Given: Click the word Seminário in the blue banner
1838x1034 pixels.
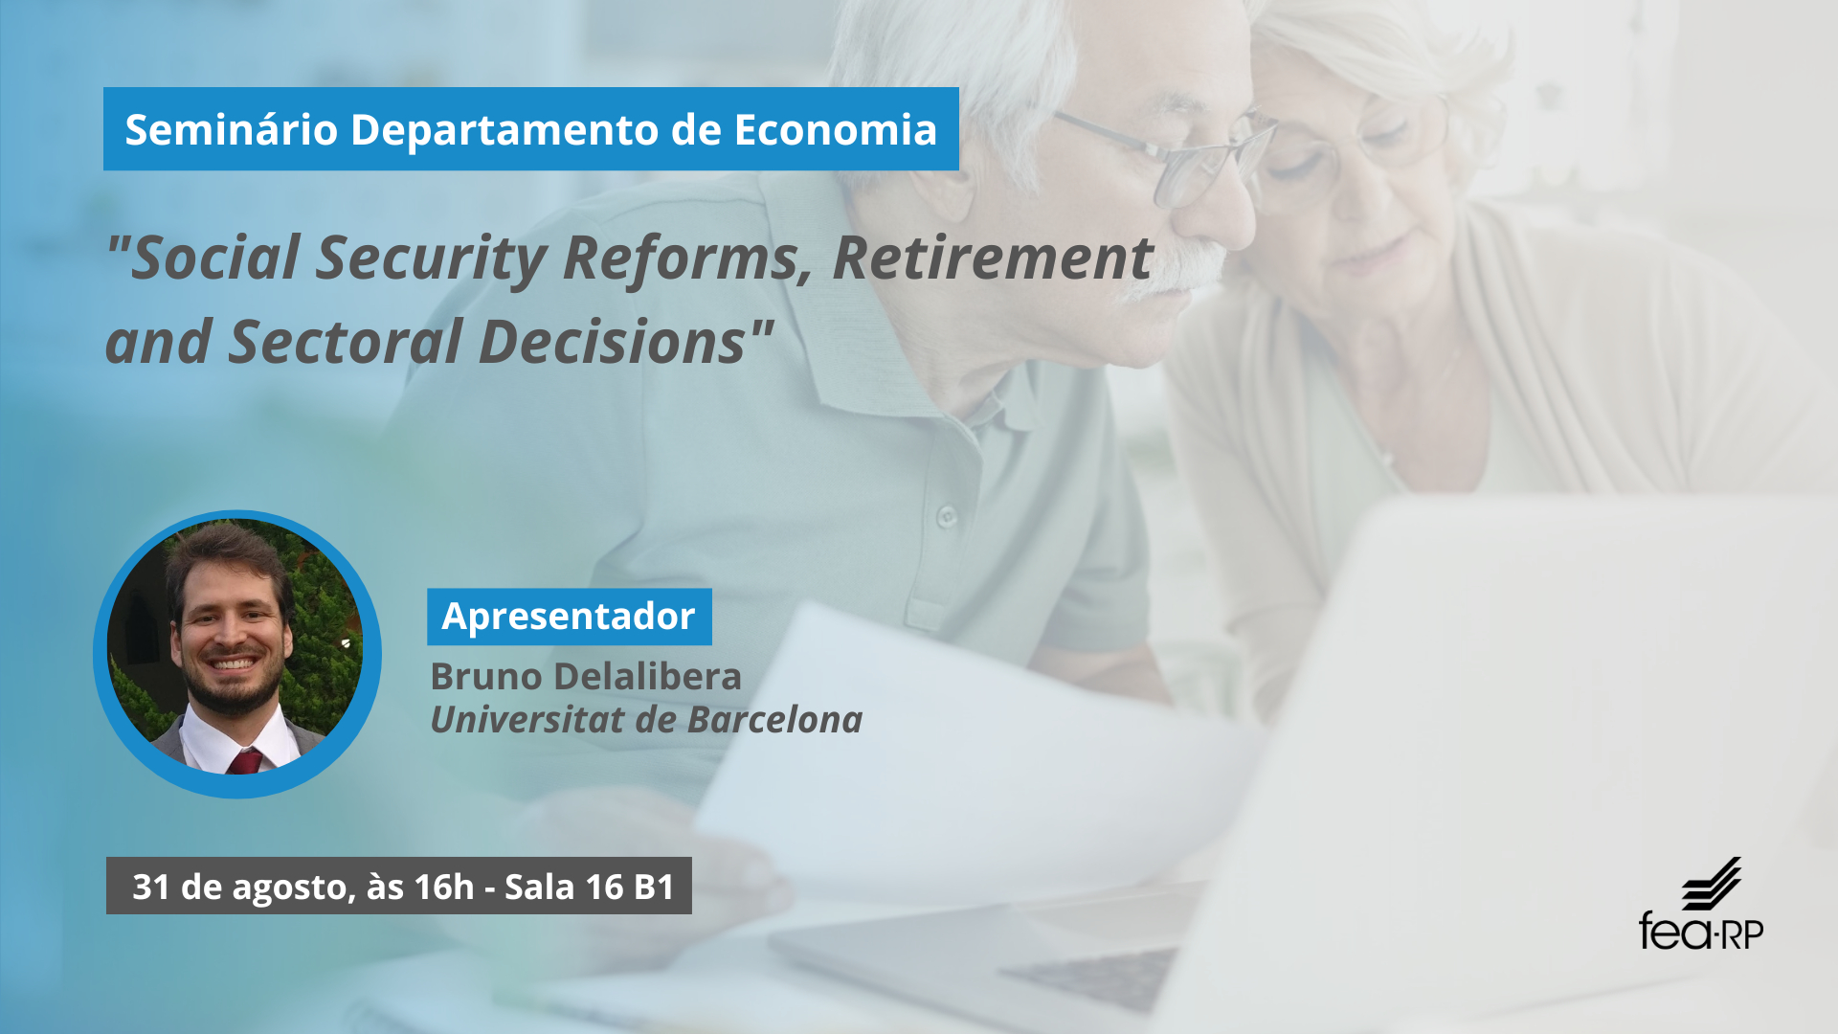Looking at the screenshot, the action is click(x=231, y=129).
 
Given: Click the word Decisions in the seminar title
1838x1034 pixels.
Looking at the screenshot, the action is click(x=613, y=341).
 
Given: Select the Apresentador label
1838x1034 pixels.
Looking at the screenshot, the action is click(x=569, y=617).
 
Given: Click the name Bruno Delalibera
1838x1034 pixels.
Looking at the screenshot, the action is click(x=586, y=676).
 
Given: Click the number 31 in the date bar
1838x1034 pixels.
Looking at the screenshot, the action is click(x=151, y=887).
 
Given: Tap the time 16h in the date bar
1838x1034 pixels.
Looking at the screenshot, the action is click(x=444, y=887).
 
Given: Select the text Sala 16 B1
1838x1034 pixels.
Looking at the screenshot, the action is click(x=590, y=887).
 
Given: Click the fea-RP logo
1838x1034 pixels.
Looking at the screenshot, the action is click(x=1701, y=905).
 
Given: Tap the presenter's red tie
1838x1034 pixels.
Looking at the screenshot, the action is click(x=245, y=762).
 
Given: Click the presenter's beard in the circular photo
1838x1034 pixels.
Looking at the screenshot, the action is click(x=233, y=685).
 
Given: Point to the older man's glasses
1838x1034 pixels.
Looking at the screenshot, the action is click(x=1168, y=153).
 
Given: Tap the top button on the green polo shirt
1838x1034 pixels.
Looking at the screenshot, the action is click(x=947, y=517).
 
